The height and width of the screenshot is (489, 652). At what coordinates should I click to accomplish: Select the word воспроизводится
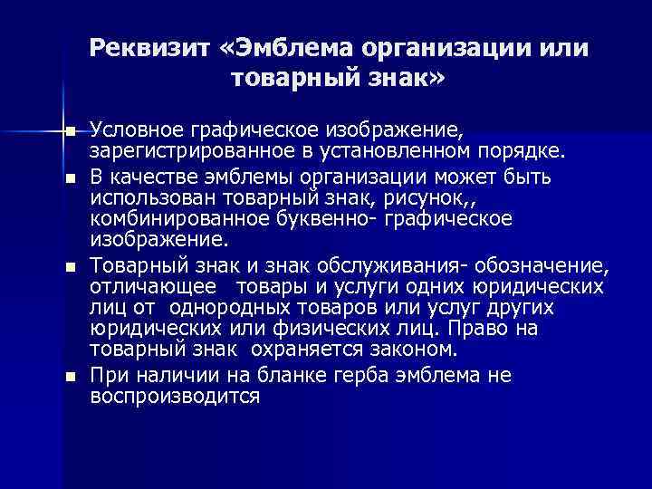click(x=175, y=396)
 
